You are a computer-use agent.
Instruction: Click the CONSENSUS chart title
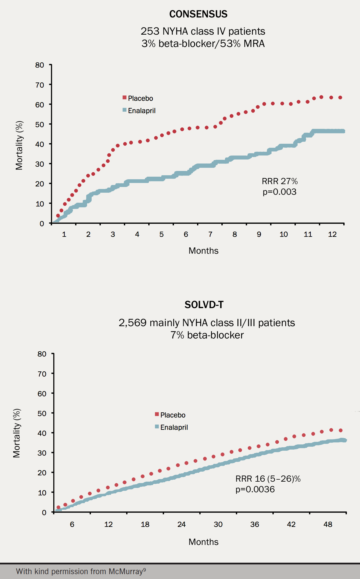pyautogui.click(x=198, y=14)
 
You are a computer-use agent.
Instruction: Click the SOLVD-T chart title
pyautogui.click(x=204, y=305)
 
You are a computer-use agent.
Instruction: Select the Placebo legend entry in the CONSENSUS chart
pyautogui.click(x=140, y=98)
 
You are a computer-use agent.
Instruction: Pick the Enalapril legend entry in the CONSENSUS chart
pyautogui.click(x=141, y=111)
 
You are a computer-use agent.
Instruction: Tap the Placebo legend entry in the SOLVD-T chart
pyautogui.click(x=172, y=415)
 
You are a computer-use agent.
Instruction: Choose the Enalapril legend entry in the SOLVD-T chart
pyautogui.click(x=174, y=427)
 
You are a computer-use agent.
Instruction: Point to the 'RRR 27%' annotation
pyautogui.click(x=280, y=181)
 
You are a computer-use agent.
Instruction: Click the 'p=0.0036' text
pyautogui.click(x=255, y=489)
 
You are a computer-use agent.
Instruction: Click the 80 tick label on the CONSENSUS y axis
pyautogui.click(x=40, y=65)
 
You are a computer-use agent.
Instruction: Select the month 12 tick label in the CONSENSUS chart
pyautogui.click(x=332, y=235)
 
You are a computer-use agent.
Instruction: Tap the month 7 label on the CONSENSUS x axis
pyautogui.click(x=210, y=235)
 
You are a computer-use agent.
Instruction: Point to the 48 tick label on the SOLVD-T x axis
pyautogui.click(x=328, y=524)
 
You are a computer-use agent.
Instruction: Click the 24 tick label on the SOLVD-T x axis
pyautogui.click(x=181, y=524)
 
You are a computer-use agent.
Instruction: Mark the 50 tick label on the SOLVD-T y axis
pyautogui.click(x=42, y=413)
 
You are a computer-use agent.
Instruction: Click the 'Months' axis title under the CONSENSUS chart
pyautogui.click(x=203, y=251)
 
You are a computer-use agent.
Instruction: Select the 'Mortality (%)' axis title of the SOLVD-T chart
pyautogui.click(x=17, y=433)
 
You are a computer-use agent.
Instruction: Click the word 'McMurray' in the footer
pyautogui.click(x=126, y=571)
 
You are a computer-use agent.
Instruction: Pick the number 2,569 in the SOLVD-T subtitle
pyautogui.click(x=133, y=323)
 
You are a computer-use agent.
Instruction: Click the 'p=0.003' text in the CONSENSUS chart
pyautogui.click(x=280, y=192)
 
